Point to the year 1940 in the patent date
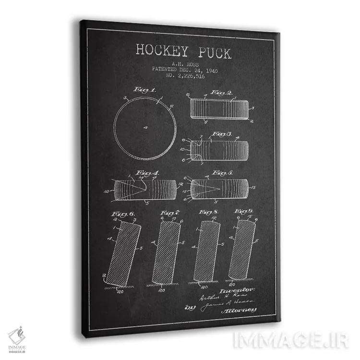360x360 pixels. click(x=209, y=70)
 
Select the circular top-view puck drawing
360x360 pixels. click(x=145, y=127)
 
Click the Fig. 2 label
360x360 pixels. click(x=221, y=92)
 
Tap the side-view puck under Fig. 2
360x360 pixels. click(x=220, y=108)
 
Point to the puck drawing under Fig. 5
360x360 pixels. click(x=219, y=189)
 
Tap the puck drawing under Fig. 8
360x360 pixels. click(x=207, y=251)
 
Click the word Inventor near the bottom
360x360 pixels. click(x=237, y=290)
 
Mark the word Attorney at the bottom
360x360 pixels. click(x=239, y=311)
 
